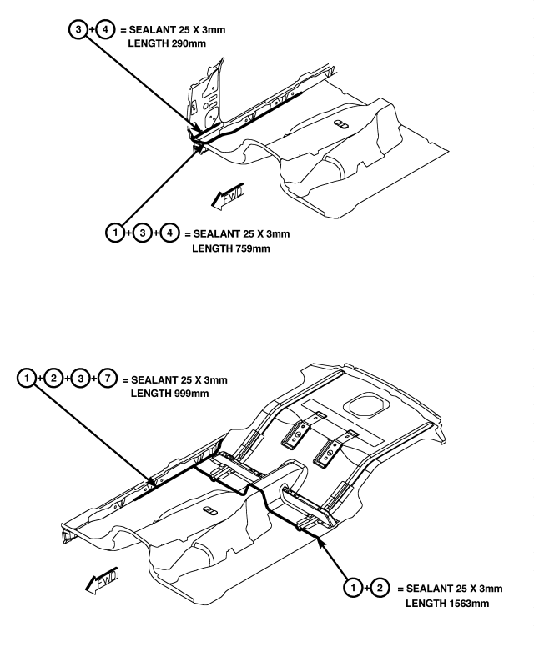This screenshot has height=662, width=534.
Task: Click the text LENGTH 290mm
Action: click(x=167, y=43)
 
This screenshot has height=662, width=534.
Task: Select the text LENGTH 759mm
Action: click(x=230, y=248)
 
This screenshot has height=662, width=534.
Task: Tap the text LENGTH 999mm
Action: click(x=169, y=394)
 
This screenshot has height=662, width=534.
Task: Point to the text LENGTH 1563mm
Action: click(x=447, y=604)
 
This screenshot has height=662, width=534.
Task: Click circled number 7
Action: click(x=108, y=378)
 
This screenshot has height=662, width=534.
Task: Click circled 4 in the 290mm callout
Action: click(x=105, y=29)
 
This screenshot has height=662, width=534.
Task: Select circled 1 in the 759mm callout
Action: click(x=115, y=233)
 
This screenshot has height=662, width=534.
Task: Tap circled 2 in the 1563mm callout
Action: click(x=380, y=588)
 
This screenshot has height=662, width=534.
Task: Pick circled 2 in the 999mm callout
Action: click(x=53, y=378)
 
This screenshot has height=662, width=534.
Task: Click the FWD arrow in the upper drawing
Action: click(x=228, y=196)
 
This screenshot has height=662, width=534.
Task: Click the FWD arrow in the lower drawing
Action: click(x=102, y=580)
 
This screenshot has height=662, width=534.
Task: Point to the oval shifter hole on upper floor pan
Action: click(x=341, y=124)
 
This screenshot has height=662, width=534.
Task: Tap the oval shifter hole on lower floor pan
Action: click(x=210, y=510)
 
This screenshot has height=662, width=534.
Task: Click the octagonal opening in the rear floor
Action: click(x=366, y=405)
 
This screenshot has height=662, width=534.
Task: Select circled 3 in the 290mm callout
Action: click(x=78, y=29)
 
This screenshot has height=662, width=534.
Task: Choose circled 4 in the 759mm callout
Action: click(x=170, y=233)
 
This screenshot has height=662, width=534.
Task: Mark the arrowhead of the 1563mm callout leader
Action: click(x=320, y=541)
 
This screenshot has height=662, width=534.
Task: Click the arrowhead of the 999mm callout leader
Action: click(x=151, y=482)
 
